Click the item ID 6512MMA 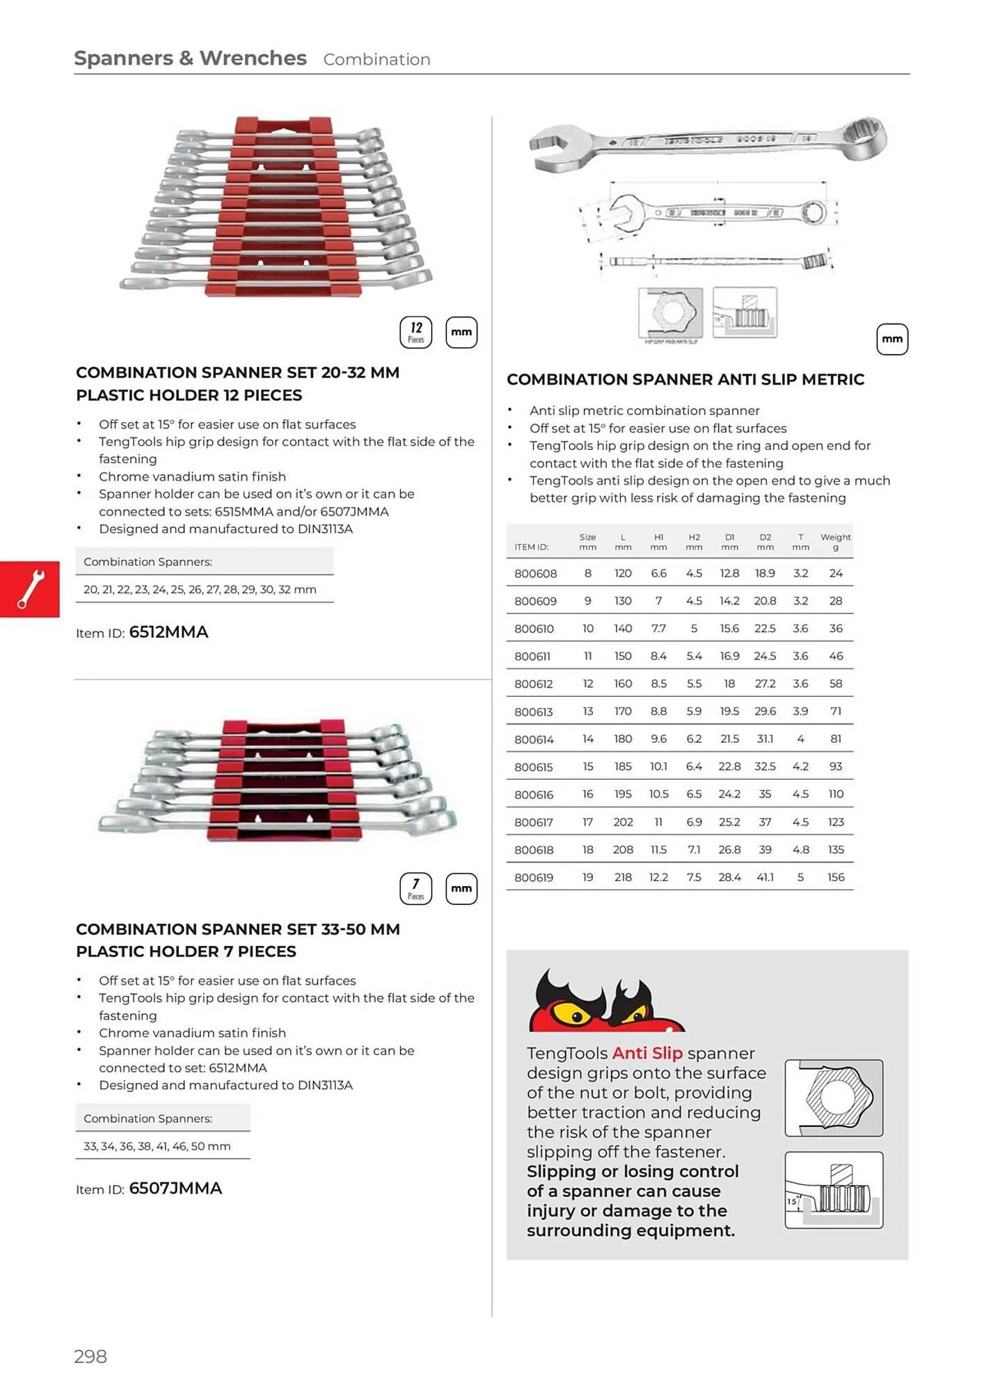click(168, 632)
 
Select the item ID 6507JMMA click(175, 1189)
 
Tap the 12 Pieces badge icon click(415, 332)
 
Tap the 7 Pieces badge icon click(415, 889)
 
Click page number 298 click(90, 1356)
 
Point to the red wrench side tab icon click(30, 589)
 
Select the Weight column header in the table click(835, 542)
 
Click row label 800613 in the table click(533, 711)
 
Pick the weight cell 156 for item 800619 click(835, 878)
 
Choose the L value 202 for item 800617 click(623, 822)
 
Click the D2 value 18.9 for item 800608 click(765, 573)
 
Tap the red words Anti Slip click(647, 1053)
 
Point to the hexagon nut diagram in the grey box click(834, 1098)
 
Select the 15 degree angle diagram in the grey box click(834, 1190)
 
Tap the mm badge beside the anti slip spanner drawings click(892, 339)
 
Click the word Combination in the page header click(376, 60)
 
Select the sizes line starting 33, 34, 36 click(157, 1146)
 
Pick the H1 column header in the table click(658, 542)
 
